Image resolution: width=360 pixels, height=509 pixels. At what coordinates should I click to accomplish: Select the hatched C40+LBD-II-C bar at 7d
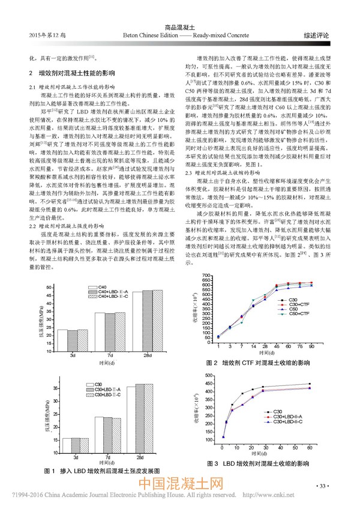pyautogui.click(x=119, y=333)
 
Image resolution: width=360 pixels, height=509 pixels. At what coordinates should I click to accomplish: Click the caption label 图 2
pyautogui.click(x=210, y=364)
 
